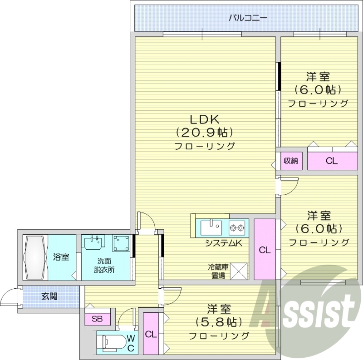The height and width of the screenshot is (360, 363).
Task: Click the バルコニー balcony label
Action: click(x=247, y=18)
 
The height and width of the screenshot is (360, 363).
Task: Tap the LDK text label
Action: click(x=205, y=119)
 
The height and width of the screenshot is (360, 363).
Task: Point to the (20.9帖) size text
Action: click(x=205, y=133)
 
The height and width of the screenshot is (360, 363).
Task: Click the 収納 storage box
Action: click(x=291, y=161)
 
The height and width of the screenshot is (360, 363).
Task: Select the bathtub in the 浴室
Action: click(x=35, y=257)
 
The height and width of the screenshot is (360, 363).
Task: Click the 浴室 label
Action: click(x=61, y=257)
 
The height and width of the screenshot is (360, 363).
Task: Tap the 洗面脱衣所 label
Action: click(x=105, y=265)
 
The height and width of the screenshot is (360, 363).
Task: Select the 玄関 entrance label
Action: click(x=49, y=297)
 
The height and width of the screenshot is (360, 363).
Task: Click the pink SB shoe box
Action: click(x=97, y=319)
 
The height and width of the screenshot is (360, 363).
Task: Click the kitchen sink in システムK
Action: click(x=211, y=226)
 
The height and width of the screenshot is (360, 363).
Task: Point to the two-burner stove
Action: click(x=237, y=226)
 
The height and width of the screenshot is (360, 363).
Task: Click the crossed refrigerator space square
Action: click(x=239, y=271)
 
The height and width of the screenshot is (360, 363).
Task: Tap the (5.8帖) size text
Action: click(x=219, y=322)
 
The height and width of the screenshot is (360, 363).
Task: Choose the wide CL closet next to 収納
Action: click(x=332, y=161)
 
